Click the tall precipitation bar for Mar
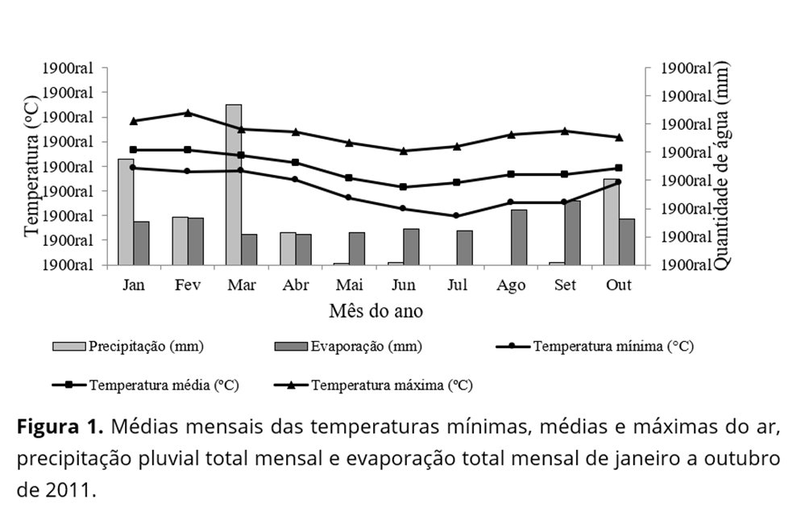point(234,185)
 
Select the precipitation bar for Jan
point(126,211)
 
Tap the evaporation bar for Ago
point(519,237)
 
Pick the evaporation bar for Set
point(573,232)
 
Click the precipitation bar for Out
point(612,222)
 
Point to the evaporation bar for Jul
point(465,248)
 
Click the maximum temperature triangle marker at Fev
point(188,113)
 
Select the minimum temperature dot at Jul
point(456,215)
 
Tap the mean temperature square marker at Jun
point(403,186)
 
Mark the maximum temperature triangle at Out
point(619,137)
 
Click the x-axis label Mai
point(349,285)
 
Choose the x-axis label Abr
point(295,285)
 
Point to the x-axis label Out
point(619,285)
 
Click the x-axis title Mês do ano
point(375,310)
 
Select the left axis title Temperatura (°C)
point(32,167)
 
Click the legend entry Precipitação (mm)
point(146,347)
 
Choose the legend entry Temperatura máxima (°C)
point(392,385)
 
